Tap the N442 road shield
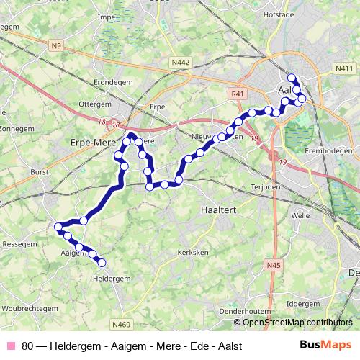pyautogui.click(x=181, y=63)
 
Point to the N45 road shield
pyautogui.click(x=272, y=266)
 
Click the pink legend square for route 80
pyautogui.click(x=10, y=346)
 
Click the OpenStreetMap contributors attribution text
pyautogui.click(x=297, y=323)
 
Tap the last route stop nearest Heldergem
pyautogui.click(x=102, y=263)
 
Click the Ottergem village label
pyautogui.click(x=95, y=104)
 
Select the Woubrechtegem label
pyautogui.click(x=29, y=308)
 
